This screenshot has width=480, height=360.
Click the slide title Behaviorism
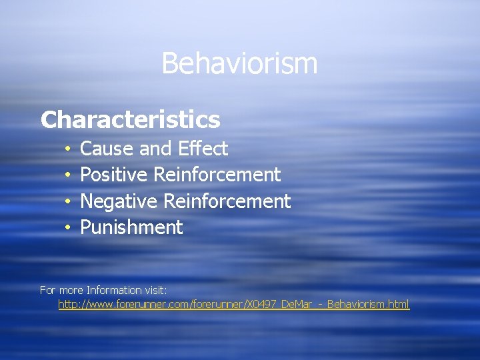tap(239, 64)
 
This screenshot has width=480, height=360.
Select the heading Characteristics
tap(130, 119)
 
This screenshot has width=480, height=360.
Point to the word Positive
tap(115, 175)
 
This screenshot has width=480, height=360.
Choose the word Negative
tap(119, 201)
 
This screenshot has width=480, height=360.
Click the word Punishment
tap(131, 228)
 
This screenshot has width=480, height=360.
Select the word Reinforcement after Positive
tap(217, 175)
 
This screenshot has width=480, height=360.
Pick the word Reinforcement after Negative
tap(227, 201)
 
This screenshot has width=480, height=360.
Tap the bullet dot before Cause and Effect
tap(68, 149)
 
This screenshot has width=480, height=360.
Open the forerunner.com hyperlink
tap(233, 305)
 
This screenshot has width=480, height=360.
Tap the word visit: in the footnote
tap(155, 291)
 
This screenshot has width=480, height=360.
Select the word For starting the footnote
tap(48, 291)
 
